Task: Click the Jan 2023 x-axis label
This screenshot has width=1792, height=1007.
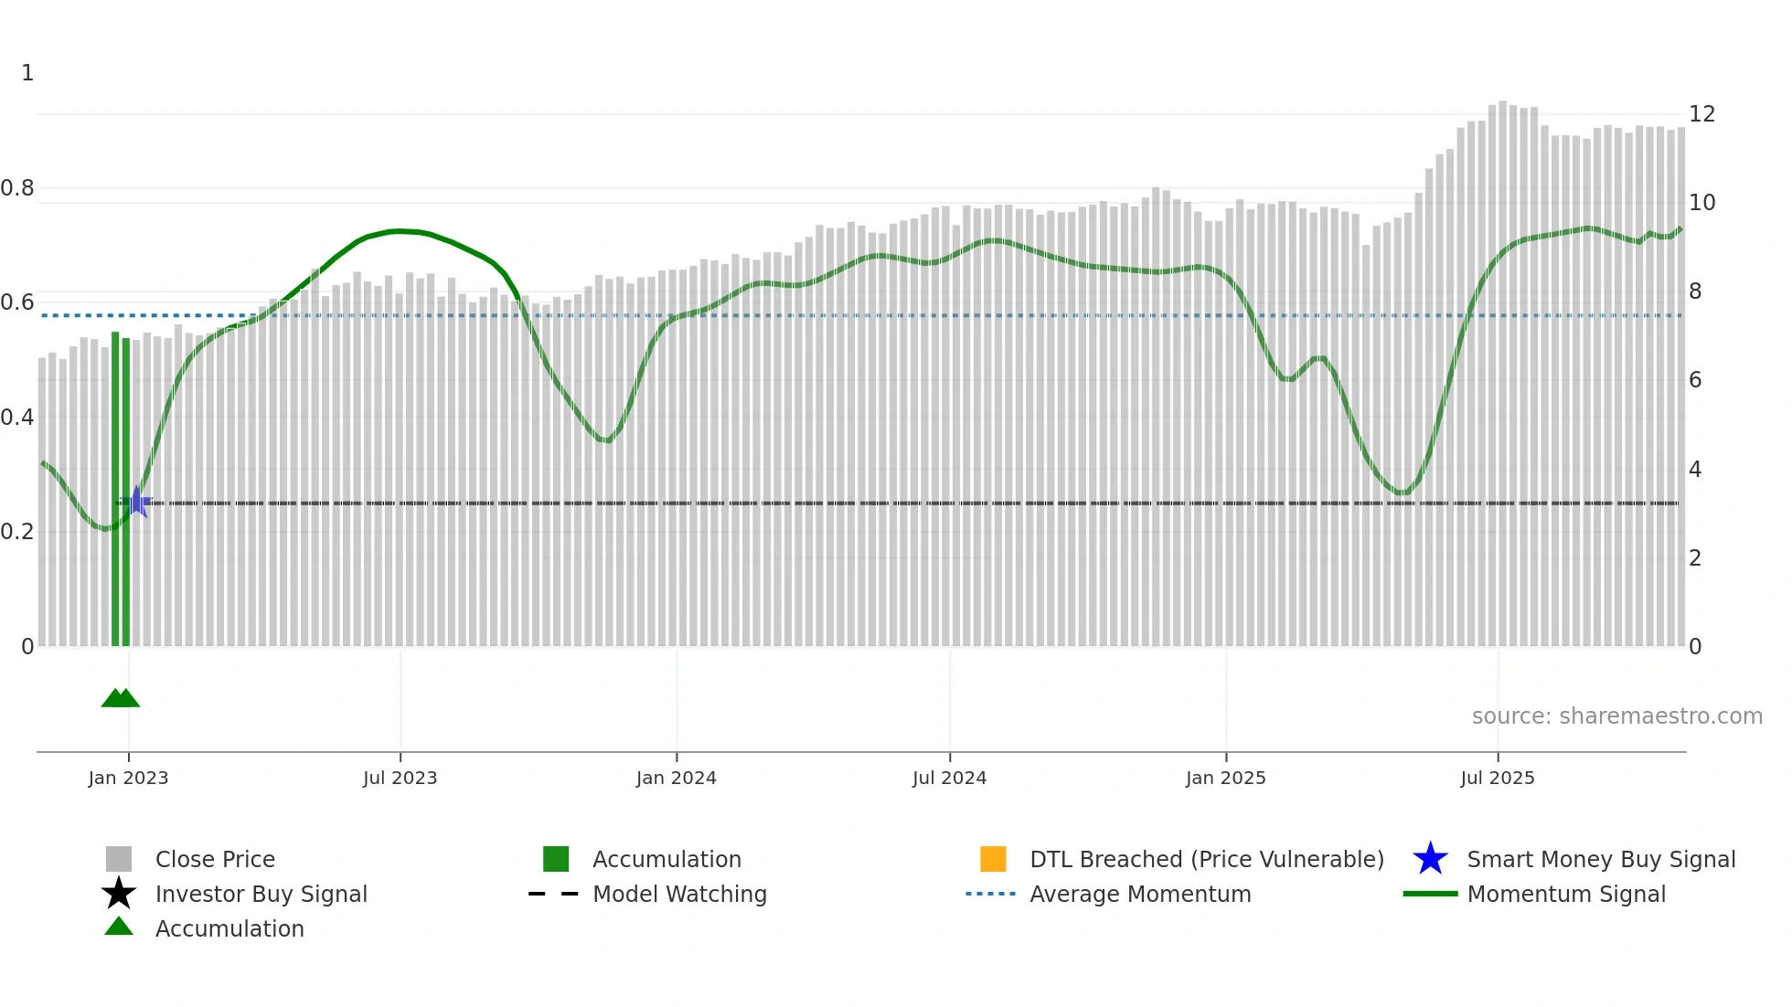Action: [x=128, y=778]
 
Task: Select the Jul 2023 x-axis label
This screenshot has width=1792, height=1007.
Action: [x=400, y=778]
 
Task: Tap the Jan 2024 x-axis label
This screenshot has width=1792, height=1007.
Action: [x=676, y=778]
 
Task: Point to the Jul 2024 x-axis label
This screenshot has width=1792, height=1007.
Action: [x=949, y=778]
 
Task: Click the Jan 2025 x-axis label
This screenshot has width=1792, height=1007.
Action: [x=1225, y=778]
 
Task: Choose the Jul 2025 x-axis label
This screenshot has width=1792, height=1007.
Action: [x=1497, y=778]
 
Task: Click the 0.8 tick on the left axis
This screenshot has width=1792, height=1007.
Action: [x=17, y=188]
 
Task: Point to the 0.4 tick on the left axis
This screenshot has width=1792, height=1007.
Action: [x=17, y=418]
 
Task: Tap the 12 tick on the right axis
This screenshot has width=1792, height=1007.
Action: [x=1701, y=114]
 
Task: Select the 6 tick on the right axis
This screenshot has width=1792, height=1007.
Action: [x=1695, y=380]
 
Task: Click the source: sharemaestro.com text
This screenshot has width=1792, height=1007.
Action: [x=1616, y=716]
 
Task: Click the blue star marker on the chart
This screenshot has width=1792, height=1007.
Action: [x=136, y=502]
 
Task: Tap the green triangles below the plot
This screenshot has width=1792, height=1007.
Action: [x=121, y=698]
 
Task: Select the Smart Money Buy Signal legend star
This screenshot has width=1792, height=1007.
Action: [x=1430, y=859]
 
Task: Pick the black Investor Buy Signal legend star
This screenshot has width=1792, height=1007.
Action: [x=119, y=894]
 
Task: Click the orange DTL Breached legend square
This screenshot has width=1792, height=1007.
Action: [x=993, y=859]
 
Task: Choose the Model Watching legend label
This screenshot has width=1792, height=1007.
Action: [x=679, y=894]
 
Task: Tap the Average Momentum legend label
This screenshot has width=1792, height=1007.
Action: [x=1140, y=894]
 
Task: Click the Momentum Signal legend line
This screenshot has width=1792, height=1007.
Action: [x=1430, y=894]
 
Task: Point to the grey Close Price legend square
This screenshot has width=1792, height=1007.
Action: [x=119, y=859]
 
